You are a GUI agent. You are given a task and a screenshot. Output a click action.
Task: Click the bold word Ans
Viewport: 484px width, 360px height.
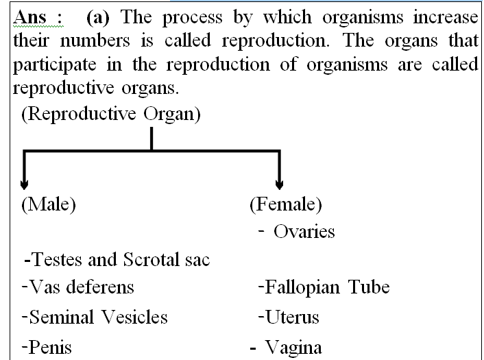[30, 17]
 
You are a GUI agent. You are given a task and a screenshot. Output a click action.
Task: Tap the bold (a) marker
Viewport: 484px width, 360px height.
[98, 17]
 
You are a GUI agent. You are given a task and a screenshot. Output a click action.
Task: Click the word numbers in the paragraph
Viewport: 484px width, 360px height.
[95, 40]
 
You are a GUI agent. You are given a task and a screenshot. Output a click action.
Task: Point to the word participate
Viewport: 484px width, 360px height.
[55, 65]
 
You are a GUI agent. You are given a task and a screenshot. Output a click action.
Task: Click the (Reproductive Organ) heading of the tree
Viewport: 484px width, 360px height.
[111, 114]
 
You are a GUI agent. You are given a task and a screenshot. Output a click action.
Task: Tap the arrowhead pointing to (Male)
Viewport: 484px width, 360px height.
[24, 184]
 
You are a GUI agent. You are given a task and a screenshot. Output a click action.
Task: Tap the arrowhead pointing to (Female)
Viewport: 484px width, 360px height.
[279, 184]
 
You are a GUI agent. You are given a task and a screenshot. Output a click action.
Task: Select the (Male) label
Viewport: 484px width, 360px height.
[49, 204]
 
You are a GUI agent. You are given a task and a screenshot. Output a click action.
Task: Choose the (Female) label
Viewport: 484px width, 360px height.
[286, 204]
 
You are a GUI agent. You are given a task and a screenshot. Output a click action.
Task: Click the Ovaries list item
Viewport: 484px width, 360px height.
[304, 232]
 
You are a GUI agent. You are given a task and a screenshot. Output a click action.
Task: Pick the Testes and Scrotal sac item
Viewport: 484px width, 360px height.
[117, 259]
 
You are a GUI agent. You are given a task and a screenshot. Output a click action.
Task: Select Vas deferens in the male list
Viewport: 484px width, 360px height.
[78, 287]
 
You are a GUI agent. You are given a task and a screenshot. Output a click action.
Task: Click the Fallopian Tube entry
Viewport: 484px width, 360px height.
[324, 287]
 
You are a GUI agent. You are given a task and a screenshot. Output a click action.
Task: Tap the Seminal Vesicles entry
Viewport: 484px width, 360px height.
[95, 317]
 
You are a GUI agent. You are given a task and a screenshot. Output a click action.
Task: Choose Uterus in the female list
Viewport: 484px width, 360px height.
[289, 317]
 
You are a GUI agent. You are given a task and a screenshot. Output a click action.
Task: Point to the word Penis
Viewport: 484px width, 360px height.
[47, 347]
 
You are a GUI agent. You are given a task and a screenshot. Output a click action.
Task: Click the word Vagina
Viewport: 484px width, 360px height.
[293, 348]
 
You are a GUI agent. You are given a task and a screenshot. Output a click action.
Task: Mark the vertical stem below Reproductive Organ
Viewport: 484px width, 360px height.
[152, 139]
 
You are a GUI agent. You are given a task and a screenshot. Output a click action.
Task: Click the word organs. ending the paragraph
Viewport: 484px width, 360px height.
[150, 89]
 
